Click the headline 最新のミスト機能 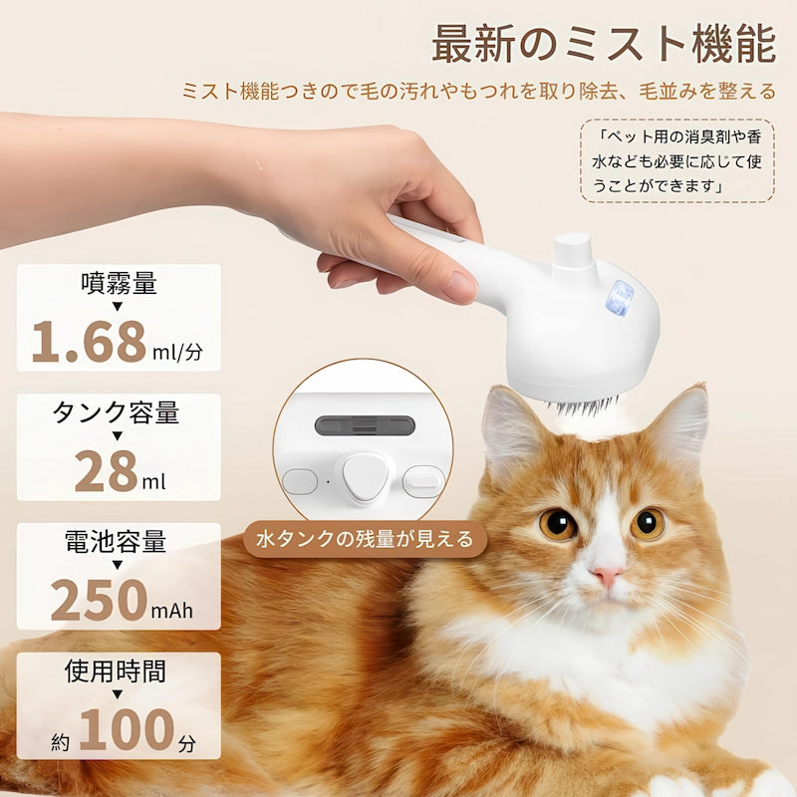[604, 45]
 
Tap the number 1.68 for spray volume [89, 341]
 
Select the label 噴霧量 [119, 283]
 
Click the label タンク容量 [119, 412]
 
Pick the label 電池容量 [119, 542]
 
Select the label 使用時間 [119, 671]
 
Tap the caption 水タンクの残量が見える [365, 539]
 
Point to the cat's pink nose [607, 576]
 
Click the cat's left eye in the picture [558, 523]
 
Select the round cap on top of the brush [573, 252]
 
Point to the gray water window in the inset [363, 425]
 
